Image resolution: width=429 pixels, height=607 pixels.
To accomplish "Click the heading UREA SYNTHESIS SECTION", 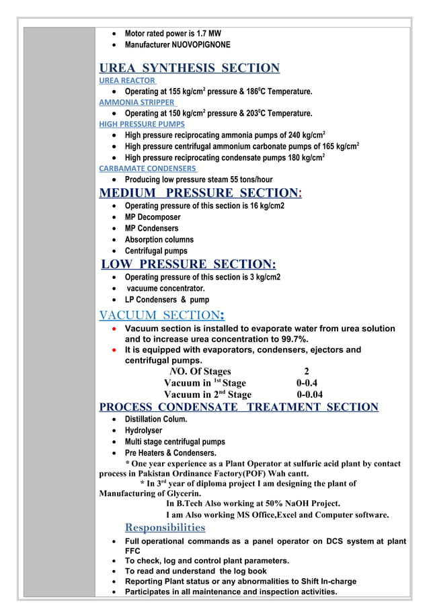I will pos(189,68).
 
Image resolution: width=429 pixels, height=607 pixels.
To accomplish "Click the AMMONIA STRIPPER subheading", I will pos(136,102).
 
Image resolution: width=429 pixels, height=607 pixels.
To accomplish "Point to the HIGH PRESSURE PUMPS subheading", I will pos(142,124).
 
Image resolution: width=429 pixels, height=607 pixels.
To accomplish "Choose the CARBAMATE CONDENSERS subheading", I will pos(148,169).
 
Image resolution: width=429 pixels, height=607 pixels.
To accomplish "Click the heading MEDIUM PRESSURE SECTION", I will pos(200,194).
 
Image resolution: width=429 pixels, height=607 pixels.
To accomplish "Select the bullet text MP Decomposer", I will pos(153,217).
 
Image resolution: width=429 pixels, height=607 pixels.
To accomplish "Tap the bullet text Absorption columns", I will pos(159,239).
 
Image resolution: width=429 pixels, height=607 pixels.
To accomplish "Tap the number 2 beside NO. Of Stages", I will pos(307,372).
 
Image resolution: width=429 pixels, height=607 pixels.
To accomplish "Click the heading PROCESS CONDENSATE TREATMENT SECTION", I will pos(239,407).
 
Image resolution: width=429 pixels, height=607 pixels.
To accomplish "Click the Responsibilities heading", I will pos(165,527).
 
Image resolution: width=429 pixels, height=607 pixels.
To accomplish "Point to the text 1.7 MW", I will pos(211,33).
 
